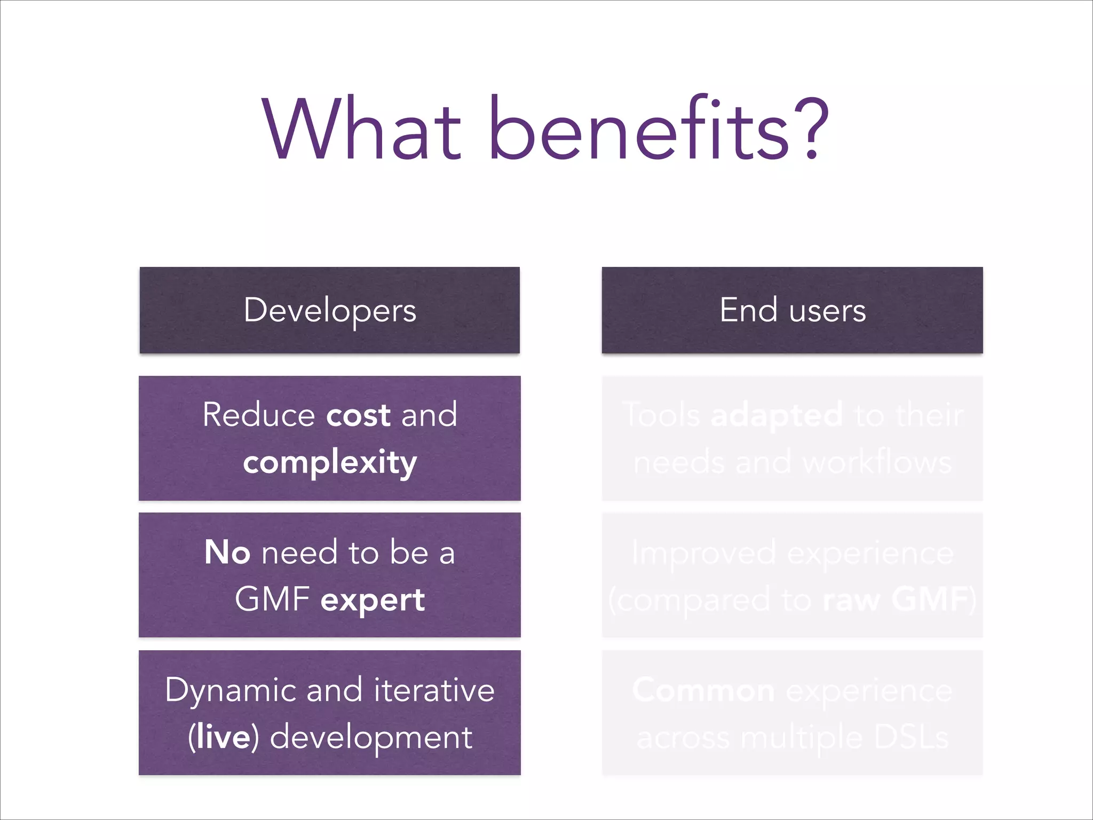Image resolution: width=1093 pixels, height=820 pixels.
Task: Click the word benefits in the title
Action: tap(638, 129)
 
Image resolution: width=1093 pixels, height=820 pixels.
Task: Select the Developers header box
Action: tap(329, 310)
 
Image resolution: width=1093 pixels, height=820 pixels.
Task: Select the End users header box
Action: tap(792, 310)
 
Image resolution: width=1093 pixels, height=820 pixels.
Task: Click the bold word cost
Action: tap(358, 415)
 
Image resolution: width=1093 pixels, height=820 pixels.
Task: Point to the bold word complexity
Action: tap(330, 462)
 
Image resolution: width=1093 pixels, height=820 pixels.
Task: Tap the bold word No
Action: tap(227, 553)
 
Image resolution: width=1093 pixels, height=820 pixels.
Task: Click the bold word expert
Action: tap(373, 600)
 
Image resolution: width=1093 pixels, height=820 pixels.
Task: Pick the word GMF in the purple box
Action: tap(272, 599)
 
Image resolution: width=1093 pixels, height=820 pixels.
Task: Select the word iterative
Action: tap(434, 690)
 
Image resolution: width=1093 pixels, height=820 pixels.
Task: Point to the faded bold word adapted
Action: tap(777, 415)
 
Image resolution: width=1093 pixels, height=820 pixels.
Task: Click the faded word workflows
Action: tap(877, 462)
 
